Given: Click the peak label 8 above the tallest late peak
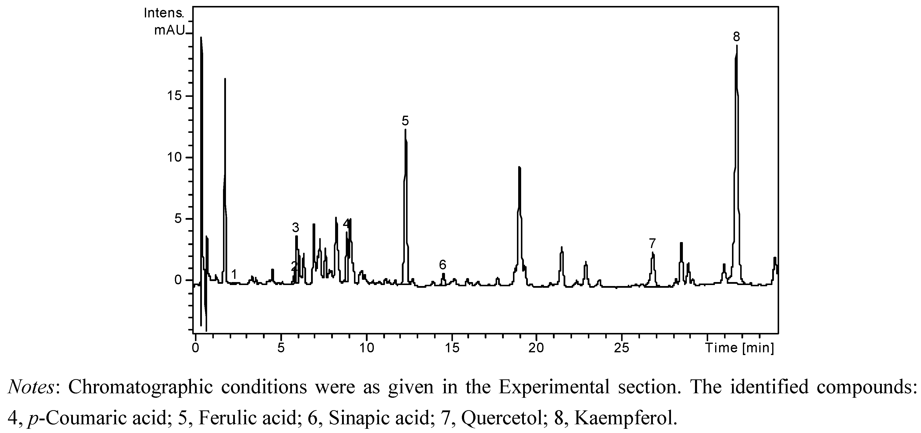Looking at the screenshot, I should [x=736, y=36].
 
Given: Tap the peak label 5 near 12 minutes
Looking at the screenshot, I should [x=405, y=121].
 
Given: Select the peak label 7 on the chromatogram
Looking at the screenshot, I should [x=652, y=244].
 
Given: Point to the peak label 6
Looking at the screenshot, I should [x=443, y=265].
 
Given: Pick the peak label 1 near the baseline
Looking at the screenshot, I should [x=234, y=274].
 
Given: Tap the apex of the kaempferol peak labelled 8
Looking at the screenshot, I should [x=736, y=45].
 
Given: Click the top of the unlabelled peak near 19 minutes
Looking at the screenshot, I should [x=519, y=167].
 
